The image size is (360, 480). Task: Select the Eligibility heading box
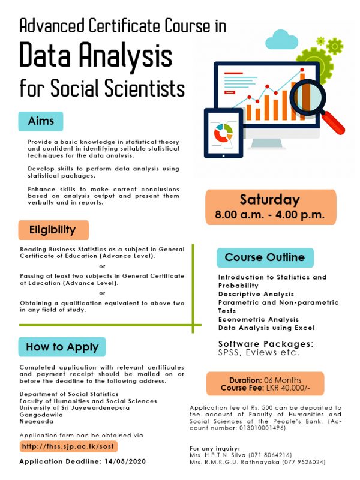53,230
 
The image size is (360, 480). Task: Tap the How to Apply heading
62,347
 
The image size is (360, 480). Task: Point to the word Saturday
269,200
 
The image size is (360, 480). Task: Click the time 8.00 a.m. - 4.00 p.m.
269,214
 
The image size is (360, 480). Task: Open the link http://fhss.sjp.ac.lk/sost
68,446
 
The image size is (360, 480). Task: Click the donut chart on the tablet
223,133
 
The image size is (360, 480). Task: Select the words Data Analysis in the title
96,56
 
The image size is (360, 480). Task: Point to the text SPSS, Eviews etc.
258,353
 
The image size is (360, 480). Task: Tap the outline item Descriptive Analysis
256,294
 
